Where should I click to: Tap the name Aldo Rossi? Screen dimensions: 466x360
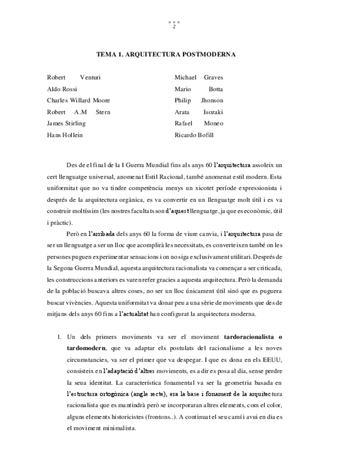tap(62, 89)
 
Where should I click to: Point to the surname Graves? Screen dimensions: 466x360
tap(213, 77)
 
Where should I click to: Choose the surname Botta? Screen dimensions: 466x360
tap(215, 89)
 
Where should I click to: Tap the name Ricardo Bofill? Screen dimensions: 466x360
tap(194, 135)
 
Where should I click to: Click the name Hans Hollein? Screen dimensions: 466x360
tap(65, 135)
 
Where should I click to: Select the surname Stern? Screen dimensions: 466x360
tap(103, 112)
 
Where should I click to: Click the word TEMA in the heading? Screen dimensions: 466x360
tap(106, 55)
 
